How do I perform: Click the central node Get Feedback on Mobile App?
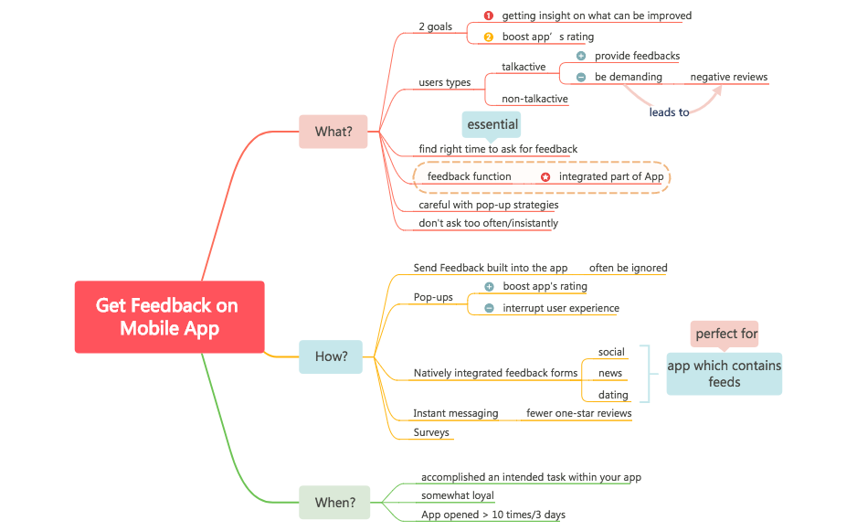(169, 316)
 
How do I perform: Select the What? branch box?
(333, 132)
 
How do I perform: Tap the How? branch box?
(331, 356)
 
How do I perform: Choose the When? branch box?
(334, 502)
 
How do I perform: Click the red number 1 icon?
(488, 16)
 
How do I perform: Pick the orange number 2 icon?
(488, 37)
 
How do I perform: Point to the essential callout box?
(492, 124)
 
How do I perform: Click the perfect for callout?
(725, 334)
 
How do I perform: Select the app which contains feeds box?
(724, 373)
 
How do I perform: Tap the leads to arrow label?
(669, 112)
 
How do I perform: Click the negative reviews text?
(728, 77)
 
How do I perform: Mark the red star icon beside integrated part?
(545, 176)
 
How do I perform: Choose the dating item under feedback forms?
(612, 395)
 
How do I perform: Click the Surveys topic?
(431, 432)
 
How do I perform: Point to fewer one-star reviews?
(578, 413)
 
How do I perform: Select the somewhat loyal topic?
(457, 495)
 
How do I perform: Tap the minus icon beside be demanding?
(581, 78)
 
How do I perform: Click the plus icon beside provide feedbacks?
(581, 56)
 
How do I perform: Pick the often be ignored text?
(628, 268)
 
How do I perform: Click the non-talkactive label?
(534, 99)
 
